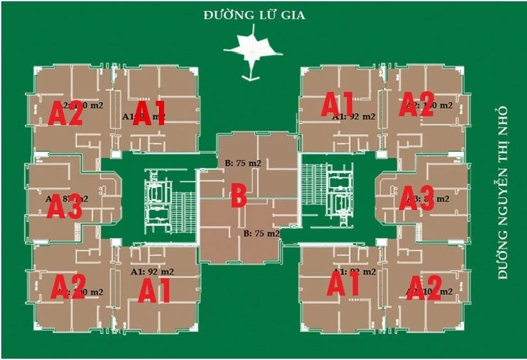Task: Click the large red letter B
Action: [239, 196]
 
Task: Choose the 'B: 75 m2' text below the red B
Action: [261, 234]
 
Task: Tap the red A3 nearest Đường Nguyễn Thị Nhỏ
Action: [417, 198]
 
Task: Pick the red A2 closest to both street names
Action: [417, 105]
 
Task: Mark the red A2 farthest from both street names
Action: [68, 287]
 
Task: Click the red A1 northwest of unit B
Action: [149, 114]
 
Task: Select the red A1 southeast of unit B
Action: [344, 284]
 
